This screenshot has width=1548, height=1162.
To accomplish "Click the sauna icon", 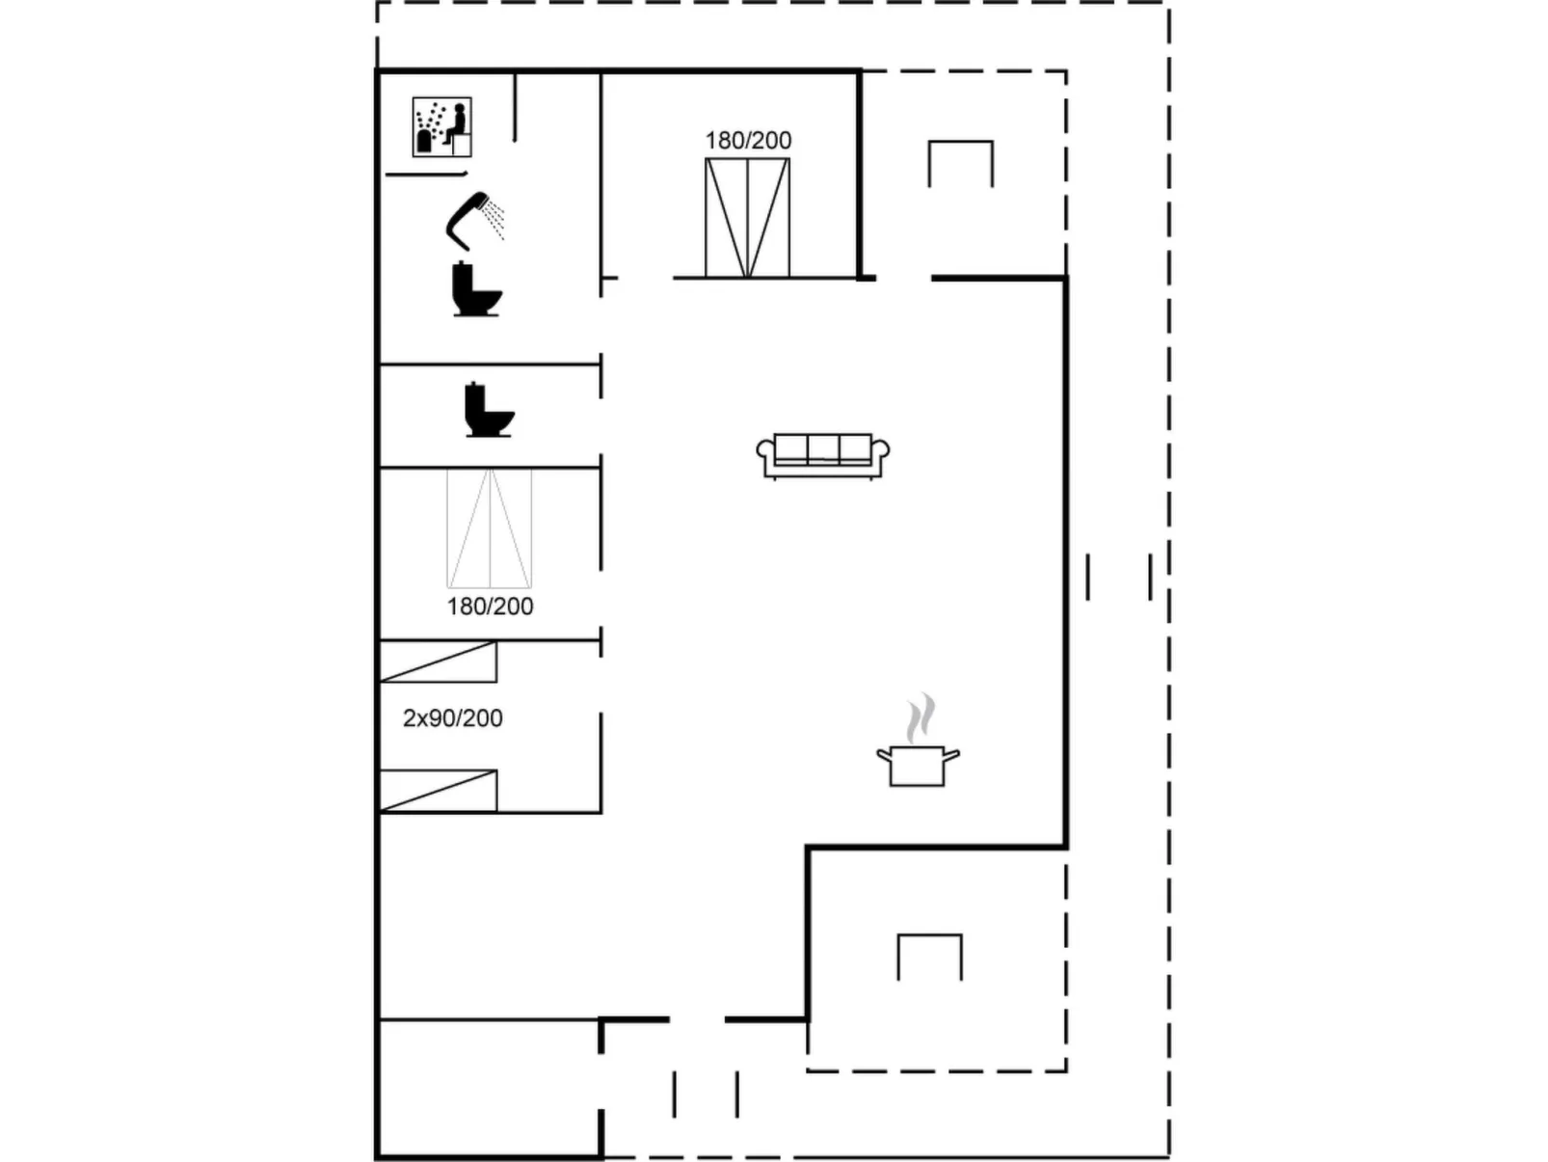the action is point(442,127).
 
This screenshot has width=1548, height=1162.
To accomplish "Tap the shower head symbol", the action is point(474,221).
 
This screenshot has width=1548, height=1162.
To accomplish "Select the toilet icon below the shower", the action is point(477,289).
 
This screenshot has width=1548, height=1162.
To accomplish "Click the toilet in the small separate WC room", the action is point(490,410).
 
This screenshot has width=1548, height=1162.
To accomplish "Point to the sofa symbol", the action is point(823,456).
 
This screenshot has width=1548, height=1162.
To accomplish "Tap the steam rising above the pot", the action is point(921,717).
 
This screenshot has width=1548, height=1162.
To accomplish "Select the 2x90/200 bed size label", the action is point(453,718).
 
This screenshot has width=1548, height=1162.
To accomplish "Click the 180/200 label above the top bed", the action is point(748,141).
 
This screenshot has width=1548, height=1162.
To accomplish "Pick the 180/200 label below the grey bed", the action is point(491,606).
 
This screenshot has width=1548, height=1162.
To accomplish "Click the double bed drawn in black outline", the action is point(748,218).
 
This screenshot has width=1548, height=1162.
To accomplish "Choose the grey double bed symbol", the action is point(490,528).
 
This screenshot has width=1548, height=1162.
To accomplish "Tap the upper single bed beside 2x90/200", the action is point(439,662).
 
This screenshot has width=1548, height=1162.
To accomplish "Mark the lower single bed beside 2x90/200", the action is point(439,791).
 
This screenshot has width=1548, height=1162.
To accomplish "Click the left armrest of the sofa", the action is point(766,456).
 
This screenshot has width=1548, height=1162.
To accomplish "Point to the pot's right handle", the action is point(951,756).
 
